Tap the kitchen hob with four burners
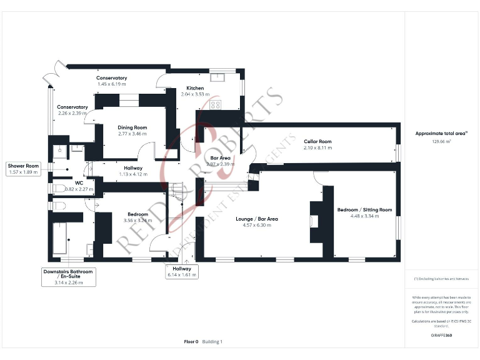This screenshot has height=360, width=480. coord(216,104)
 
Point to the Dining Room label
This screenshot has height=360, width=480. coord(132,127)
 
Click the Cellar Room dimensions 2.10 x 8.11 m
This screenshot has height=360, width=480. coord(317,148)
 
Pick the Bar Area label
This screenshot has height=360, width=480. coord(221,158)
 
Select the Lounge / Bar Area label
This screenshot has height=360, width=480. coord(257,219)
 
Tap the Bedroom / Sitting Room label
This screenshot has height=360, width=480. coord(364,209)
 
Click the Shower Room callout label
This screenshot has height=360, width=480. coord(24,166)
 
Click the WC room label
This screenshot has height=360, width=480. coord(79,183)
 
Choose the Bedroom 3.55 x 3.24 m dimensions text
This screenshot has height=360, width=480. coord(137,220)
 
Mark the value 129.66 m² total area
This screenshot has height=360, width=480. coord(441,142)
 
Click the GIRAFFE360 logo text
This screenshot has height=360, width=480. coord(441,336)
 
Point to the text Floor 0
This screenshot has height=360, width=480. coord(191,342)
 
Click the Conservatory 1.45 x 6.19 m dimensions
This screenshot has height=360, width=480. coord(111,84)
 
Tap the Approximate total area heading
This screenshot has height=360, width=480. coord(441,134)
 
